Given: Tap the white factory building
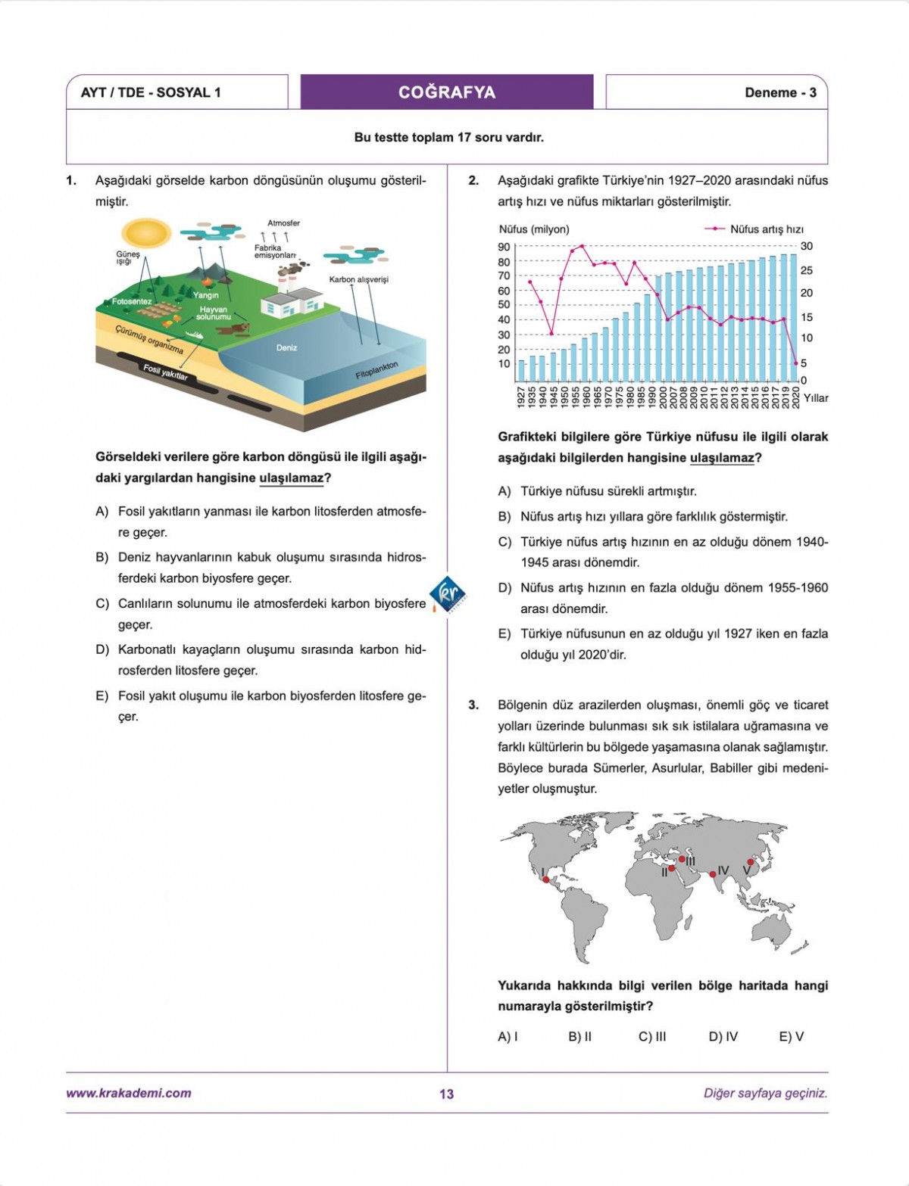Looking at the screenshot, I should [292, 303].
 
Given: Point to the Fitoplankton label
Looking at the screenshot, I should [376, 371].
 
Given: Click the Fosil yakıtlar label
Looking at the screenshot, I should [165, 372].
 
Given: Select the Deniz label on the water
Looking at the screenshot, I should [286, 348].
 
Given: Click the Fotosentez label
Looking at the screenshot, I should [132, 301].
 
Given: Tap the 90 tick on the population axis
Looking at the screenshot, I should [504, 247].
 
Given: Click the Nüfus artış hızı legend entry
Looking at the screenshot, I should [766, 229].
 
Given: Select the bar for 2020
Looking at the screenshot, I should [793, 318].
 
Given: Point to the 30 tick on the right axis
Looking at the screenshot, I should [807, 246].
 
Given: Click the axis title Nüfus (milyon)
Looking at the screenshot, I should [534, 229].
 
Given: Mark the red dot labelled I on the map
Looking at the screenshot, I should [546, 879].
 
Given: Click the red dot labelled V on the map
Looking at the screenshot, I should [751, 862].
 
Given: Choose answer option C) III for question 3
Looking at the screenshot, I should [652, 1037].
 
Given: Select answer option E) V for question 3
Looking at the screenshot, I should [791, 1037].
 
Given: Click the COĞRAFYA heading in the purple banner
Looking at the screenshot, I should [447, 92].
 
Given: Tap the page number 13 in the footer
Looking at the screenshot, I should [446, 1094].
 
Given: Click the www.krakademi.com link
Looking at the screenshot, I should [129, 1093].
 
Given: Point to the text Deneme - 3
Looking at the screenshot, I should [780, 92].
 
